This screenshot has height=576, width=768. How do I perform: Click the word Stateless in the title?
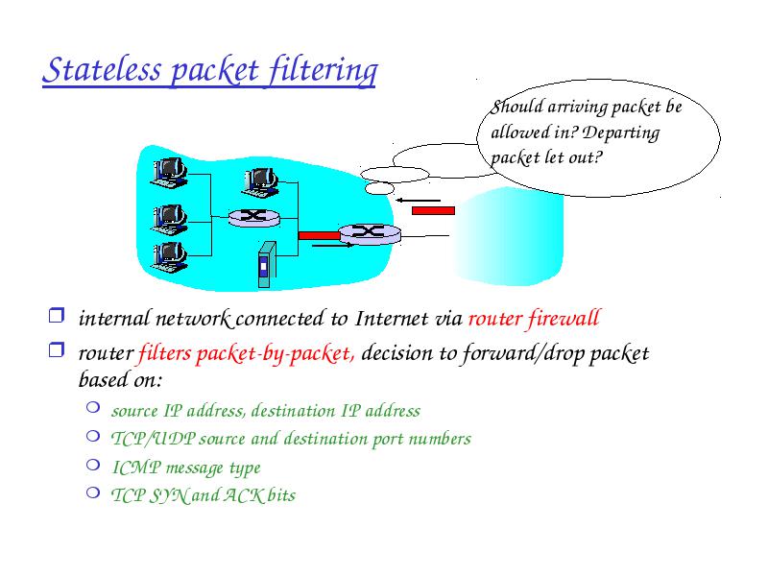point(102,70)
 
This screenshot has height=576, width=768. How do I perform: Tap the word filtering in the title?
point(324,71)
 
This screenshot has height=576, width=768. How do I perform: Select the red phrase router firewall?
point(535,319)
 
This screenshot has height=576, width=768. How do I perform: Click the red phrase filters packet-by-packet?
point(247,353)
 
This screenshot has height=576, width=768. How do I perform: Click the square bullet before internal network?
point(57,315)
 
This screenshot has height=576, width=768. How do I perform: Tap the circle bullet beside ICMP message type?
point(93,465)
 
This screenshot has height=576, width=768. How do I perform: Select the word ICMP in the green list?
point(136,468)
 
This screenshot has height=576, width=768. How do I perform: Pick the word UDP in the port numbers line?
point(175,439)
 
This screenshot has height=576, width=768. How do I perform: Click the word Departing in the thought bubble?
point(621,133)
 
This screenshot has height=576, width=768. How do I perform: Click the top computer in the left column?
point(169,173)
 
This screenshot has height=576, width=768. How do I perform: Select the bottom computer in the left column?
point(169,256)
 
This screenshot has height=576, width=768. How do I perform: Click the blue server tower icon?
point(267,265)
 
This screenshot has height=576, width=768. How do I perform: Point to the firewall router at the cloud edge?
point(370,233)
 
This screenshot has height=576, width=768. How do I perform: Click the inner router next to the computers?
point(253,218)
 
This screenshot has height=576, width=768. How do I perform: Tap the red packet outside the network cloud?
point(434,210)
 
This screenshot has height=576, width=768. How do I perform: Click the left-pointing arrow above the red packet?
point(419,200)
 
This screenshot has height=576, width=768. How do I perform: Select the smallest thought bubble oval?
point(379,188)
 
